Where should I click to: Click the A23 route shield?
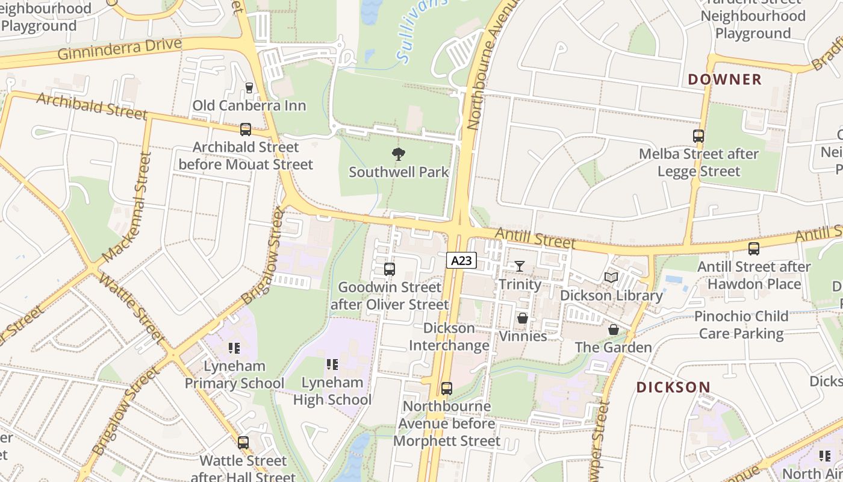click(461, 260)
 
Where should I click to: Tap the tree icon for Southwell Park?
click(398, 154)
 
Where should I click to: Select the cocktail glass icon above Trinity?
click(519, 266)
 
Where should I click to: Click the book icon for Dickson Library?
click(611, 277)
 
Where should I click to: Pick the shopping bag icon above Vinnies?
click(523, 318)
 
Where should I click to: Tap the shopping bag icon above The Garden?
click(613, 330)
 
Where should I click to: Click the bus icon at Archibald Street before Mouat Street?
click(245, 129)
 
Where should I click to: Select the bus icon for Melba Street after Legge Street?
click(698, 136)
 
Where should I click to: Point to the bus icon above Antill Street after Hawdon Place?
click(753, 248)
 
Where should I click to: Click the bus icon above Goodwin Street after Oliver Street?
click(390, 269)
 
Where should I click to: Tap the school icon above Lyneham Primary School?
click(234, 348)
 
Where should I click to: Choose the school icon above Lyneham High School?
click(332, 364)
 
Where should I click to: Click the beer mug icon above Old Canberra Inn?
click(249, 88)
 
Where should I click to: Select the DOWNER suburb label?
click(724, 79)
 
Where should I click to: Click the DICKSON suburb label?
click(673, 387)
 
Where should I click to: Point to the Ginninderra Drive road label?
click(119, 49)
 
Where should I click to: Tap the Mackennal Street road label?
click(128, 207)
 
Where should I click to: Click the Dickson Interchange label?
click(449, 337)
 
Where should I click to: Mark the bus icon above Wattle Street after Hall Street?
click(243, 443)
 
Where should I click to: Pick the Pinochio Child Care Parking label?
click(741, 325)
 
